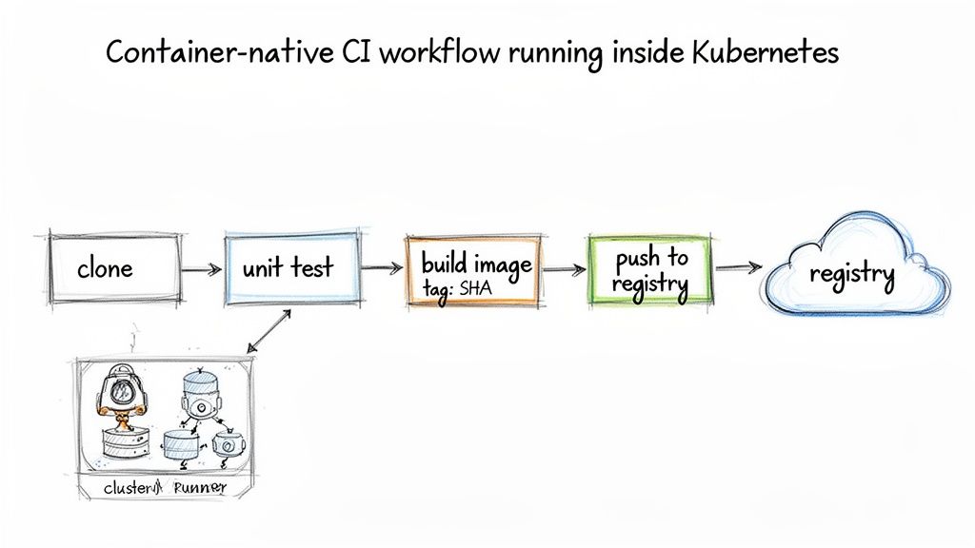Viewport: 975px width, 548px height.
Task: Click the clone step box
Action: pyautogui.click(x=113, y=268)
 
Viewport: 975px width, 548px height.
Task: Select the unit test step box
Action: pyautogui.click(x=290, y=268)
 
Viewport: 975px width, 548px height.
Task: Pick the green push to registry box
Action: pyautogui.click(x=649, y=269)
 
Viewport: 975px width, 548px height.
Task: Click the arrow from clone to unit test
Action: pyautogui.click(x=202, y=270)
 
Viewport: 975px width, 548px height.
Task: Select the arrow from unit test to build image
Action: pyautogui.click(x=383, y=270)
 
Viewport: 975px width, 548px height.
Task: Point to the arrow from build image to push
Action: pyautogui.click(x=565, y=270)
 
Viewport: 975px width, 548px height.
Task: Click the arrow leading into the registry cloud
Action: pyautogui.click(x=737, y=268)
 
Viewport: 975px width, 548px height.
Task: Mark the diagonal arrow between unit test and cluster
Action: pyautogui.click(x=269, y=330)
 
